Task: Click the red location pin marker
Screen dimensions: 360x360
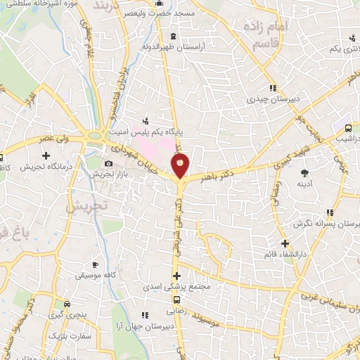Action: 181,166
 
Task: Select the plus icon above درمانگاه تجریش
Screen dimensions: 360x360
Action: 46,155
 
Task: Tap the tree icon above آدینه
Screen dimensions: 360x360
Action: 304,172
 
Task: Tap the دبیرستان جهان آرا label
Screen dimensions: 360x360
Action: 154,326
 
